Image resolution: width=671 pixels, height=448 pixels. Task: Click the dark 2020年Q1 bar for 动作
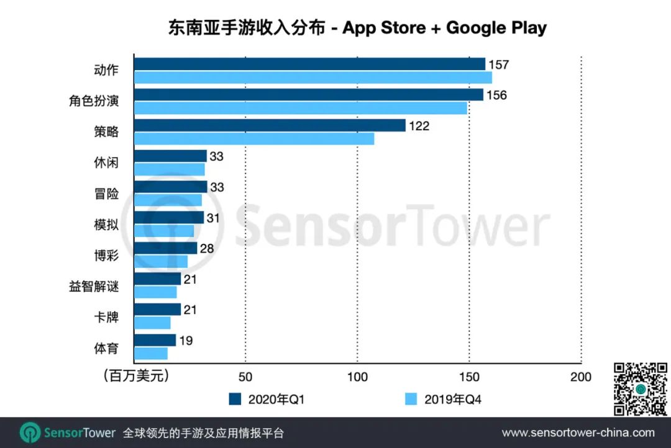pos(309,64)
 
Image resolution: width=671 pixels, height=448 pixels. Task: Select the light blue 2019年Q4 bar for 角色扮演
pos(300,109)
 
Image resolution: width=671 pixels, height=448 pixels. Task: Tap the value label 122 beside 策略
pos(419,126)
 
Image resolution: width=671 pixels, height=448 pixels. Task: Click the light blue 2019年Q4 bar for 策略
pos(254,139)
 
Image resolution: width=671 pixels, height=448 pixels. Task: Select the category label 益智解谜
pos(93,287)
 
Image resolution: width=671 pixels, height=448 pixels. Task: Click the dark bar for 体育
pos(155,340)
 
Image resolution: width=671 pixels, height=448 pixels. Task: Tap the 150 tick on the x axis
pos(469,377)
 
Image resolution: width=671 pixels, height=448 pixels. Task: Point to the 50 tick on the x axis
pos(245,377)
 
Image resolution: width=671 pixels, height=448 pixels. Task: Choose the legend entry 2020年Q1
pos(267,400)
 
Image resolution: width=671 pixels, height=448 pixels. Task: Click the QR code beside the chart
pos(641,389)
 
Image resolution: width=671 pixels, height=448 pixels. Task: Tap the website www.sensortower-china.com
pos(578,432)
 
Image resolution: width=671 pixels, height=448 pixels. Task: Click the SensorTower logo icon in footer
pos(30,432)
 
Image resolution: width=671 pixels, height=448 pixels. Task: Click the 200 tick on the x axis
pos(581,377)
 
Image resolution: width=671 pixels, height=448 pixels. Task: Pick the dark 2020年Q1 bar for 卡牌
pos(157,310)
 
